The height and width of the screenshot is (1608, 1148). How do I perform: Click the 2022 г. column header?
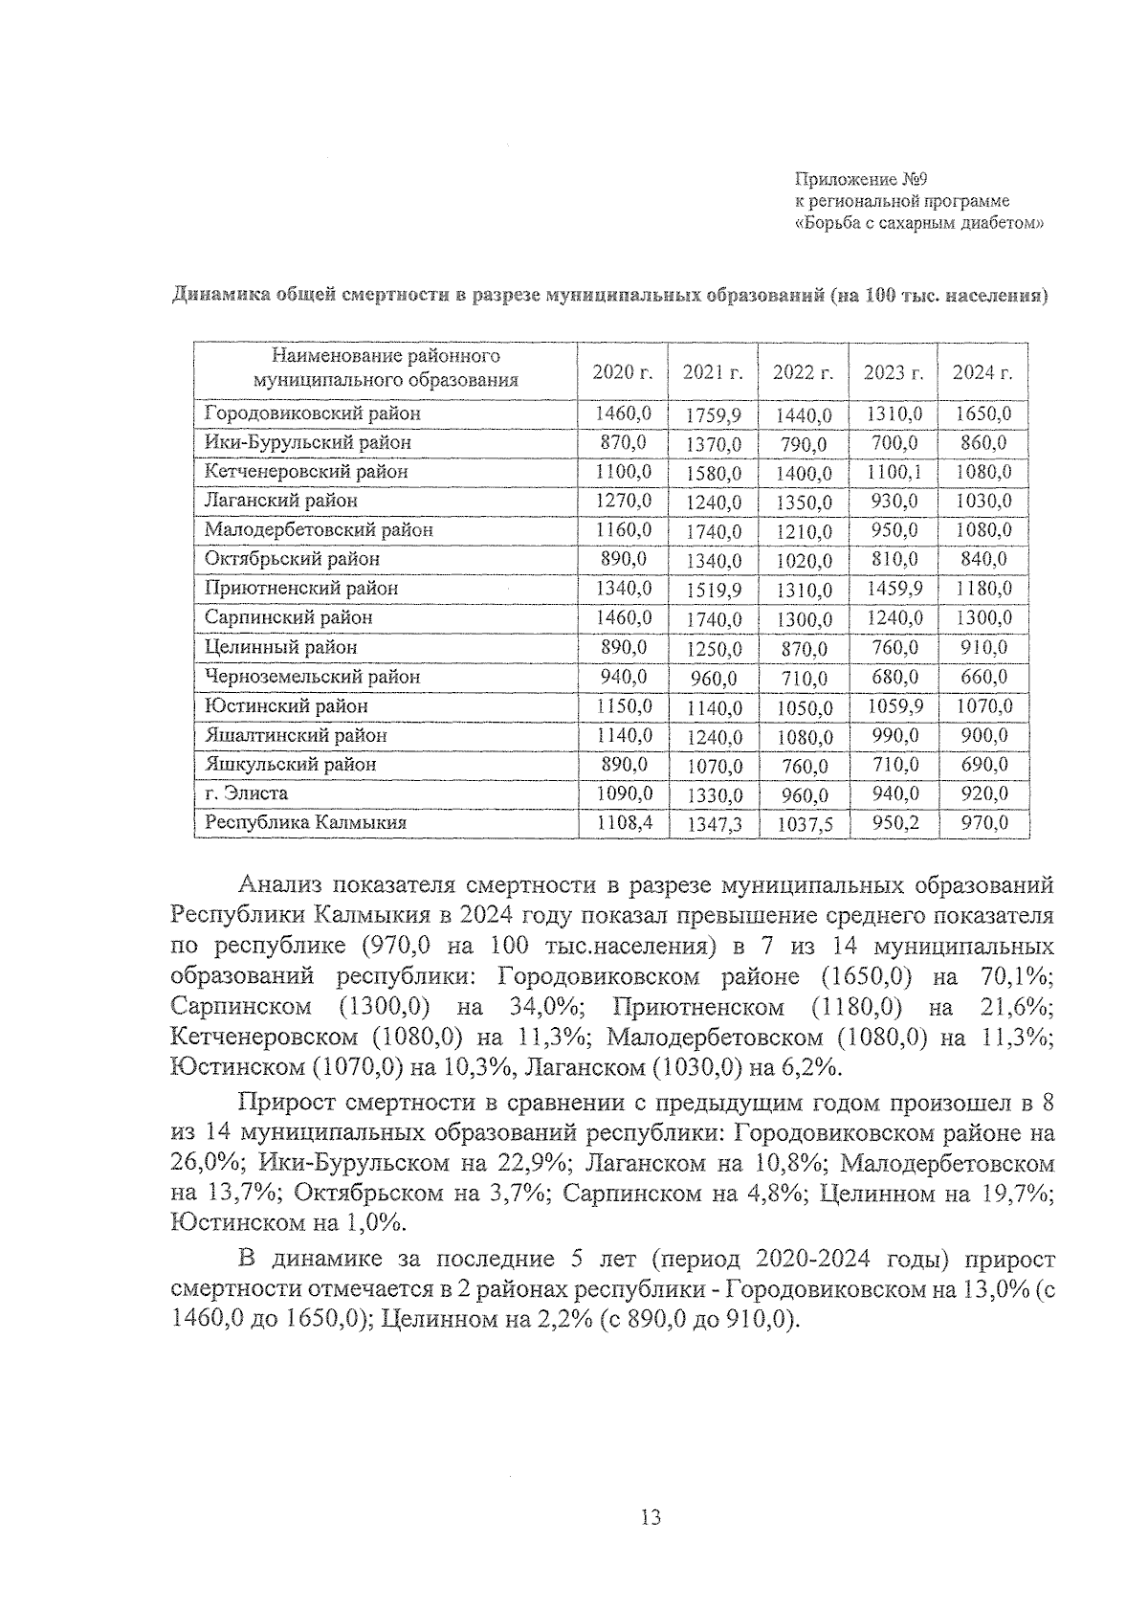pos(803,372)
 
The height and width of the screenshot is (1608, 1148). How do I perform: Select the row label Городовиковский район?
pos(312,413)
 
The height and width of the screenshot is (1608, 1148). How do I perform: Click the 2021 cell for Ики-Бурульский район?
pos(714,444)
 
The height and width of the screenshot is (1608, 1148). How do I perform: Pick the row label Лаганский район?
pos(280,501)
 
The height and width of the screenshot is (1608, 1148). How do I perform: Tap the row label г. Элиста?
pos(246,793)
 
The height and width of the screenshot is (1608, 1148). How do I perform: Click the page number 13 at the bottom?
pos(651,1517)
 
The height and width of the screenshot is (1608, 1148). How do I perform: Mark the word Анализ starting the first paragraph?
pos(283,883)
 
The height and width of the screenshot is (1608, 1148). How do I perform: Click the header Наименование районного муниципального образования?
pos(386,368)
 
